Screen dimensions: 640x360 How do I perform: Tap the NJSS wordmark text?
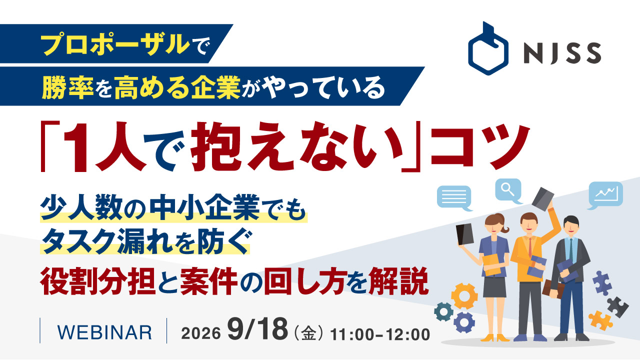coord(562,53)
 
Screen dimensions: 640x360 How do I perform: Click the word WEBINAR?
coord(104,332)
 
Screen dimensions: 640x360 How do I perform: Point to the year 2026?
coord(201,333)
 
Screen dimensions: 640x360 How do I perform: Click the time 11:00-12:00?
coord(380,334)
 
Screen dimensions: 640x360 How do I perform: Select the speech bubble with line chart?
coord(605,195)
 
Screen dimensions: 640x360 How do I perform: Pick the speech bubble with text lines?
coord(454,197)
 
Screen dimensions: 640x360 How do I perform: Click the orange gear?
coord(464,296)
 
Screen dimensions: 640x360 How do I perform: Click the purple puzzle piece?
coord(602,283)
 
